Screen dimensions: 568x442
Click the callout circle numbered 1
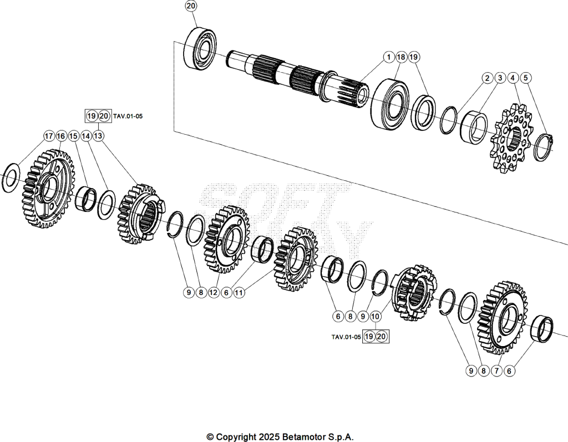tap(389, 57)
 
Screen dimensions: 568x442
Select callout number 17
tap(49, 136)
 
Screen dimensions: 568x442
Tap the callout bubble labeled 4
tap(513, 78)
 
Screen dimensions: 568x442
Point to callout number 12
tap(214, 292)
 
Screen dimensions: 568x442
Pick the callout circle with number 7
tap(496, 370)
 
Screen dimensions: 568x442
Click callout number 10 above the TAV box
tap(376, 316)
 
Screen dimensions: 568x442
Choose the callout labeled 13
tap(98, 136)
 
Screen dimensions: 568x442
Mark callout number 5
tap(526, 78)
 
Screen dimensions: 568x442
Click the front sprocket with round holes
tap(512, 138)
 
